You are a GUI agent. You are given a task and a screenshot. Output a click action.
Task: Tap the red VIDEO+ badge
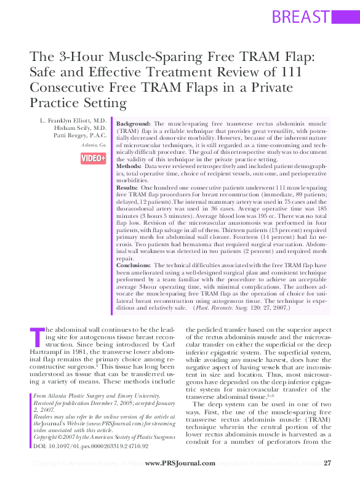94,158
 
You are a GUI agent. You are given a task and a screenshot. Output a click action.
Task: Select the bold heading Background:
134,124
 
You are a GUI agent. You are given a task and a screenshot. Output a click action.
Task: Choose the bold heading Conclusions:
136,266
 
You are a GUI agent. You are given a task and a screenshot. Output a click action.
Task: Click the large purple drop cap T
36,337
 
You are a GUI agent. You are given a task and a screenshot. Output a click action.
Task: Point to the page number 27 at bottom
327,463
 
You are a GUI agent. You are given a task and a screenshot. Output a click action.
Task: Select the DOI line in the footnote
91,445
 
